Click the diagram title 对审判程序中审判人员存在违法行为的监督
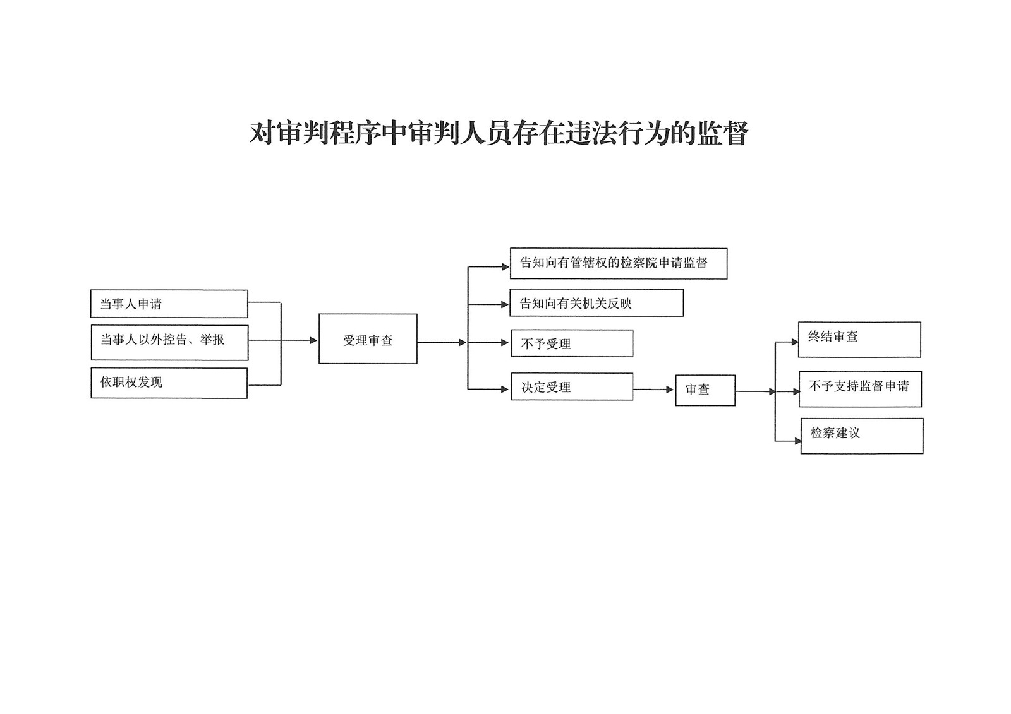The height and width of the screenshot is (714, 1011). tap(499, 133)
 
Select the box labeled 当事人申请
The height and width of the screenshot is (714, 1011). tap(169, 304)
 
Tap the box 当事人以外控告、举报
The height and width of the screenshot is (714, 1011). tap(170, 342)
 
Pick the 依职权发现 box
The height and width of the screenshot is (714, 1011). tap(169, 383)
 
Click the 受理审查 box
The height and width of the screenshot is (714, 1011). tap(368, 339)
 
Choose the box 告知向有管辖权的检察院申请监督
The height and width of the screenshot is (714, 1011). tap(619, 263)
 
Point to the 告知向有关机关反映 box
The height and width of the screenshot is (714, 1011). tap(596, 302)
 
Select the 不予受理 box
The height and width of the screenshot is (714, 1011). tap(572, 343)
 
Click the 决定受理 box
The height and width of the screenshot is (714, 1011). tap(572, 386)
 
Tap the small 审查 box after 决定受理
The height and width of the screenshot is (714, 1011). tap(705, 390)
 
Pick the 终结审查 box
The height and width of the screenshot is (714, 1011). tap(859, 340)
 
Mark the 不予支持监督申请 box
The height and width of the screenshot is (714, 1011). tap(860, 390)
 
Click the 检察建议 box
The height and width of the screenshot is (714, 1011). tap(862, 436)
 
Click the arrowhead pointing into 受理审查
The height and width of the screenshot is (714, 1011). tap(313, 340)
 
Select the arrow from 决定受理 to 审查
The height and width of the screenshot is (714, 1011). tap(653, 390)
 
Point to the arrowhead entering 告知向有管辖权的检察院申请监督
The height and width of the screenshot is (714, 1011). tap(505, 266)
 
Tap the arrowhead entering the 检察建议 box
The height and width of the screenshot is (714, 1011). tap(797, 441)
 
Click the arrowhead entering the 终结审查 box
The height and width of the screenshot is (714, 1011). tap(795, 342)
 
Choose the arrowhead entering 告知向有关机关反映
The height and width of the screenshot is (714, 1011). tap(505, 304)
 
